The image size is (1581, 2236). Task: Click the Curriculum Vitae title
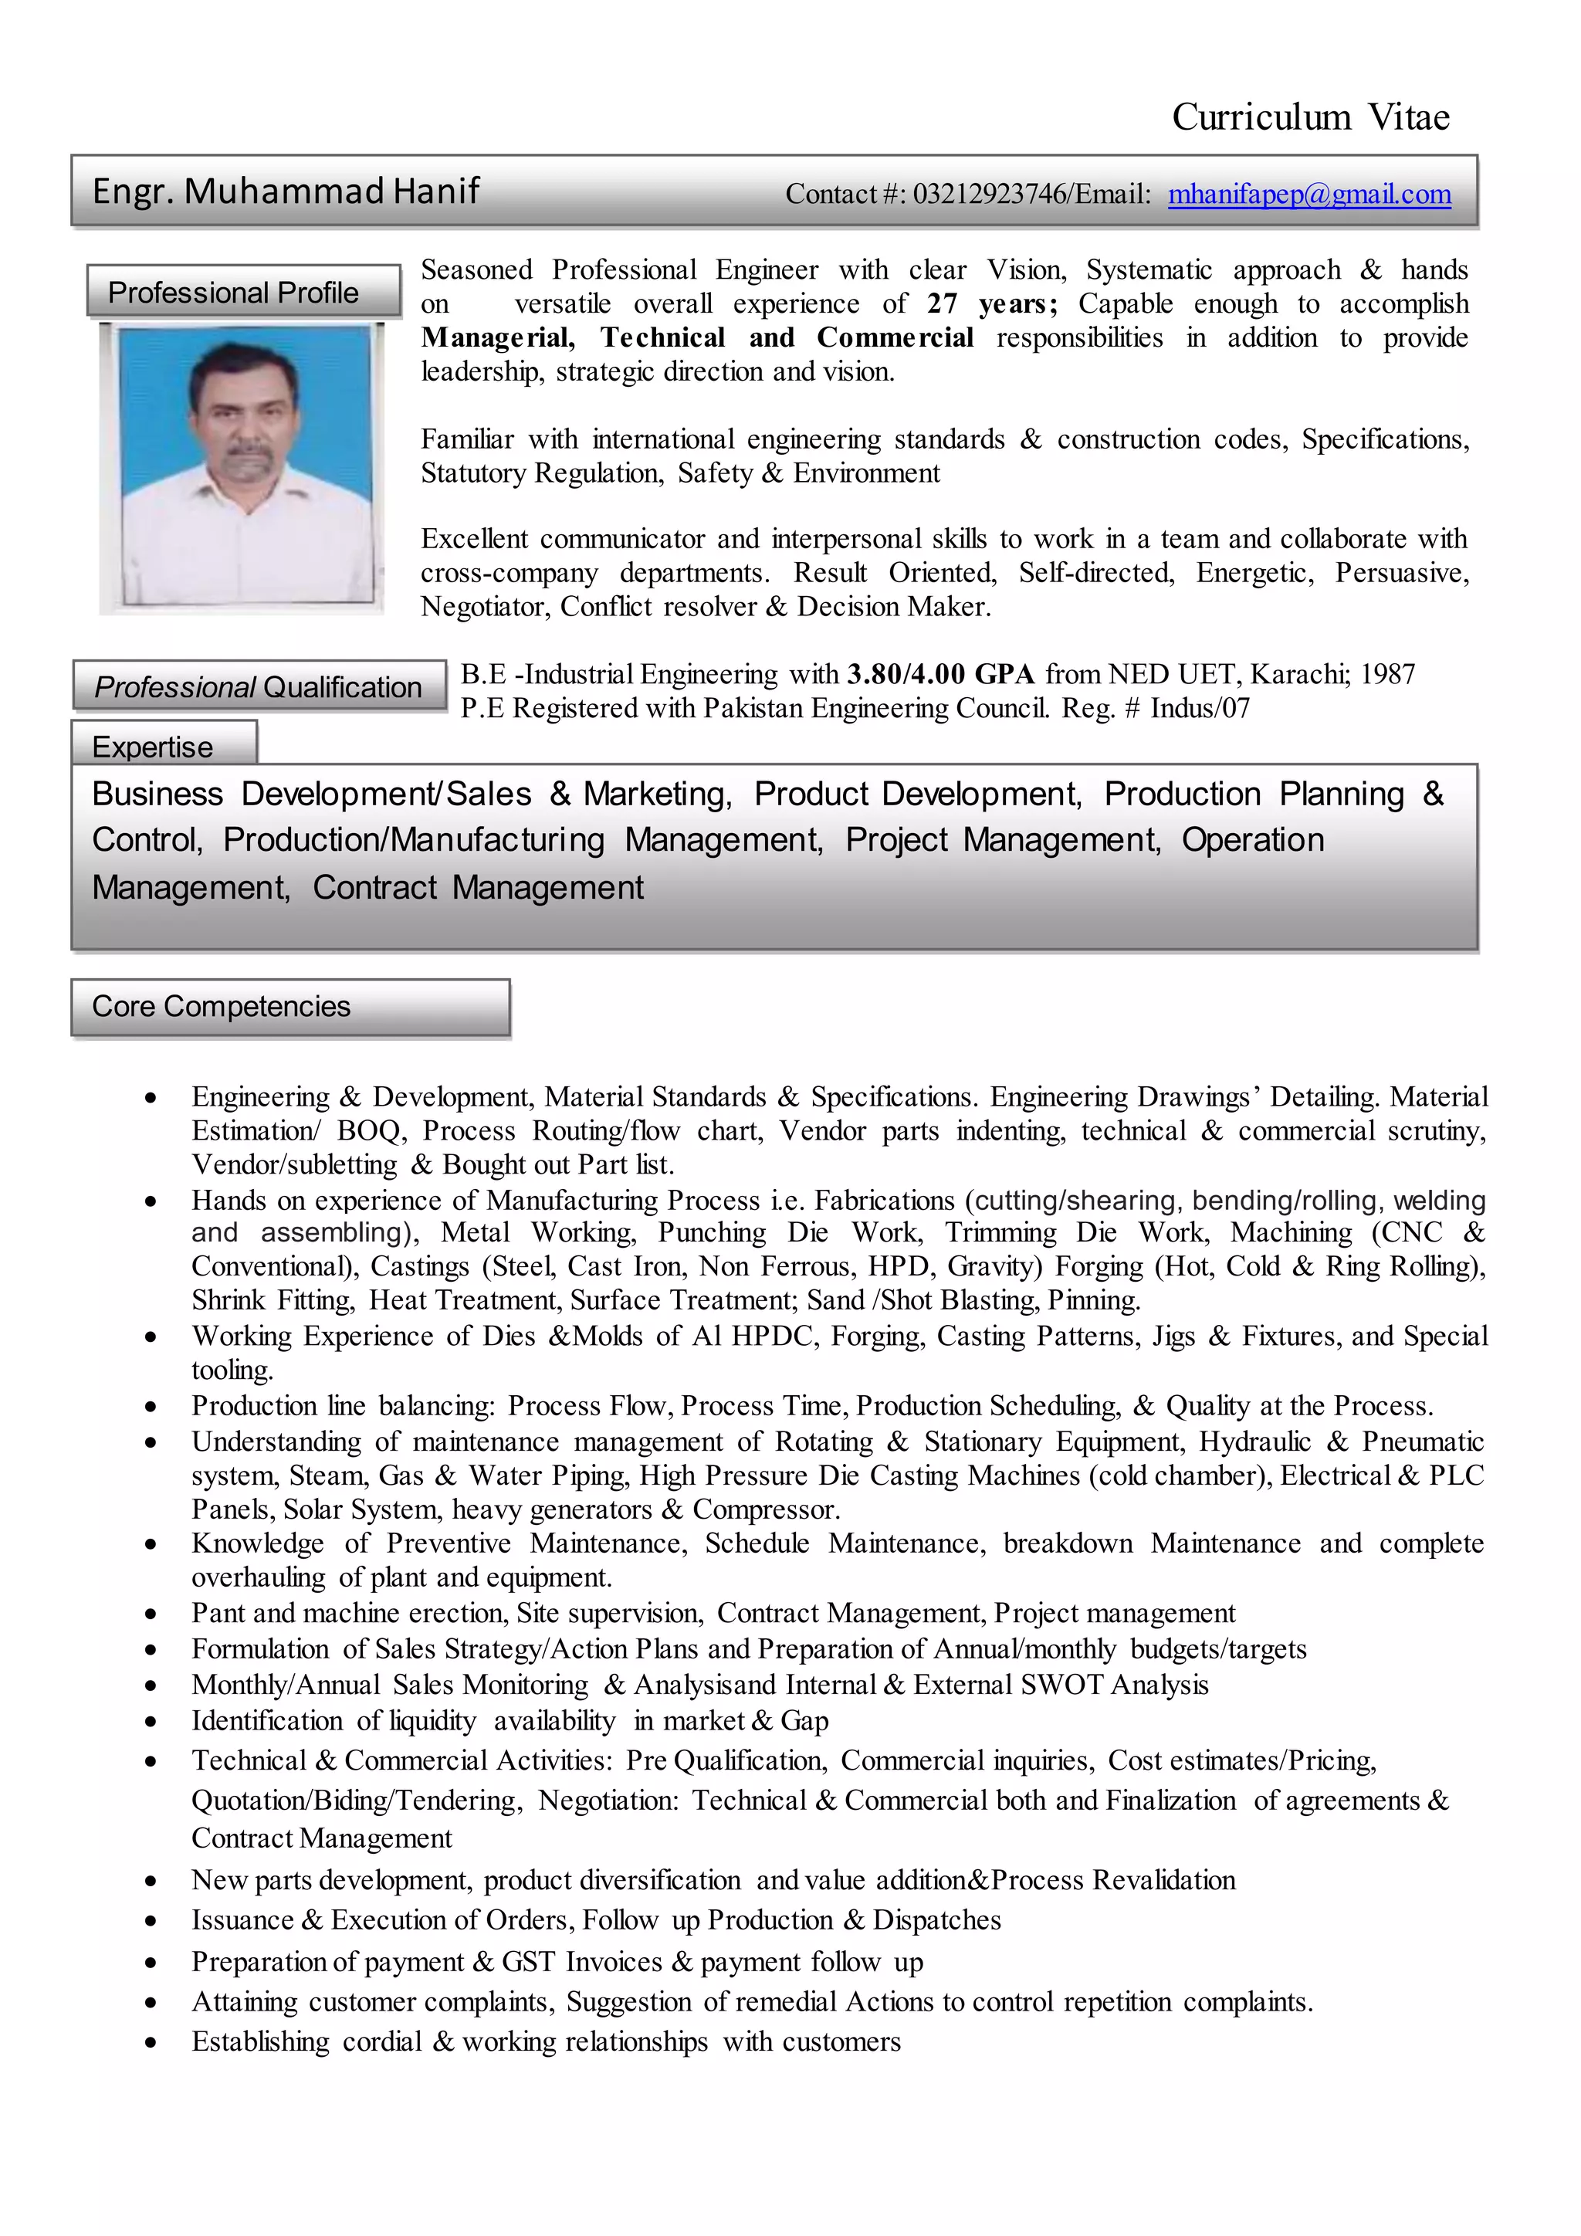click(1309, 118)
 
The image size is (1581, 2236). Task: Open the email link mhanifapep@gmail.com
click(1308, 195)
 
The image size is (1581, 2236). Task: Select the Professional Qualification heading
click(258, 687)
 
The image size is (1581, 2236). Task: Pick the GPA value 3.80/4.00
click(906, 675)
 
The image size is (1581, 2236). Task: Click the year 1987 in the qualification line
click(1387, 675)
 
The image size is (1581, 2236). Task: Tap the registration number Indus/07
click(1200, 709)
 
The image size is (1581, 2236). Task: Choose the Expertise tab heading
click(153, 747)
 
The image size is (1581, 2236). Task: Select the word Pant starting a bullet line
click(218, 1614)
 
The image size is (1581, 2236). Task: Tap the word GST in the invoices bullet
click(529, 1961)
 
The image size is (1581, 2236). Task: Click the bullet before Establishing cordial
click(150, 2043)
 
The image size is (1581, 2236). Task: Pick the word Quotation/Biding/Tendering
click(357, 1801)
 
